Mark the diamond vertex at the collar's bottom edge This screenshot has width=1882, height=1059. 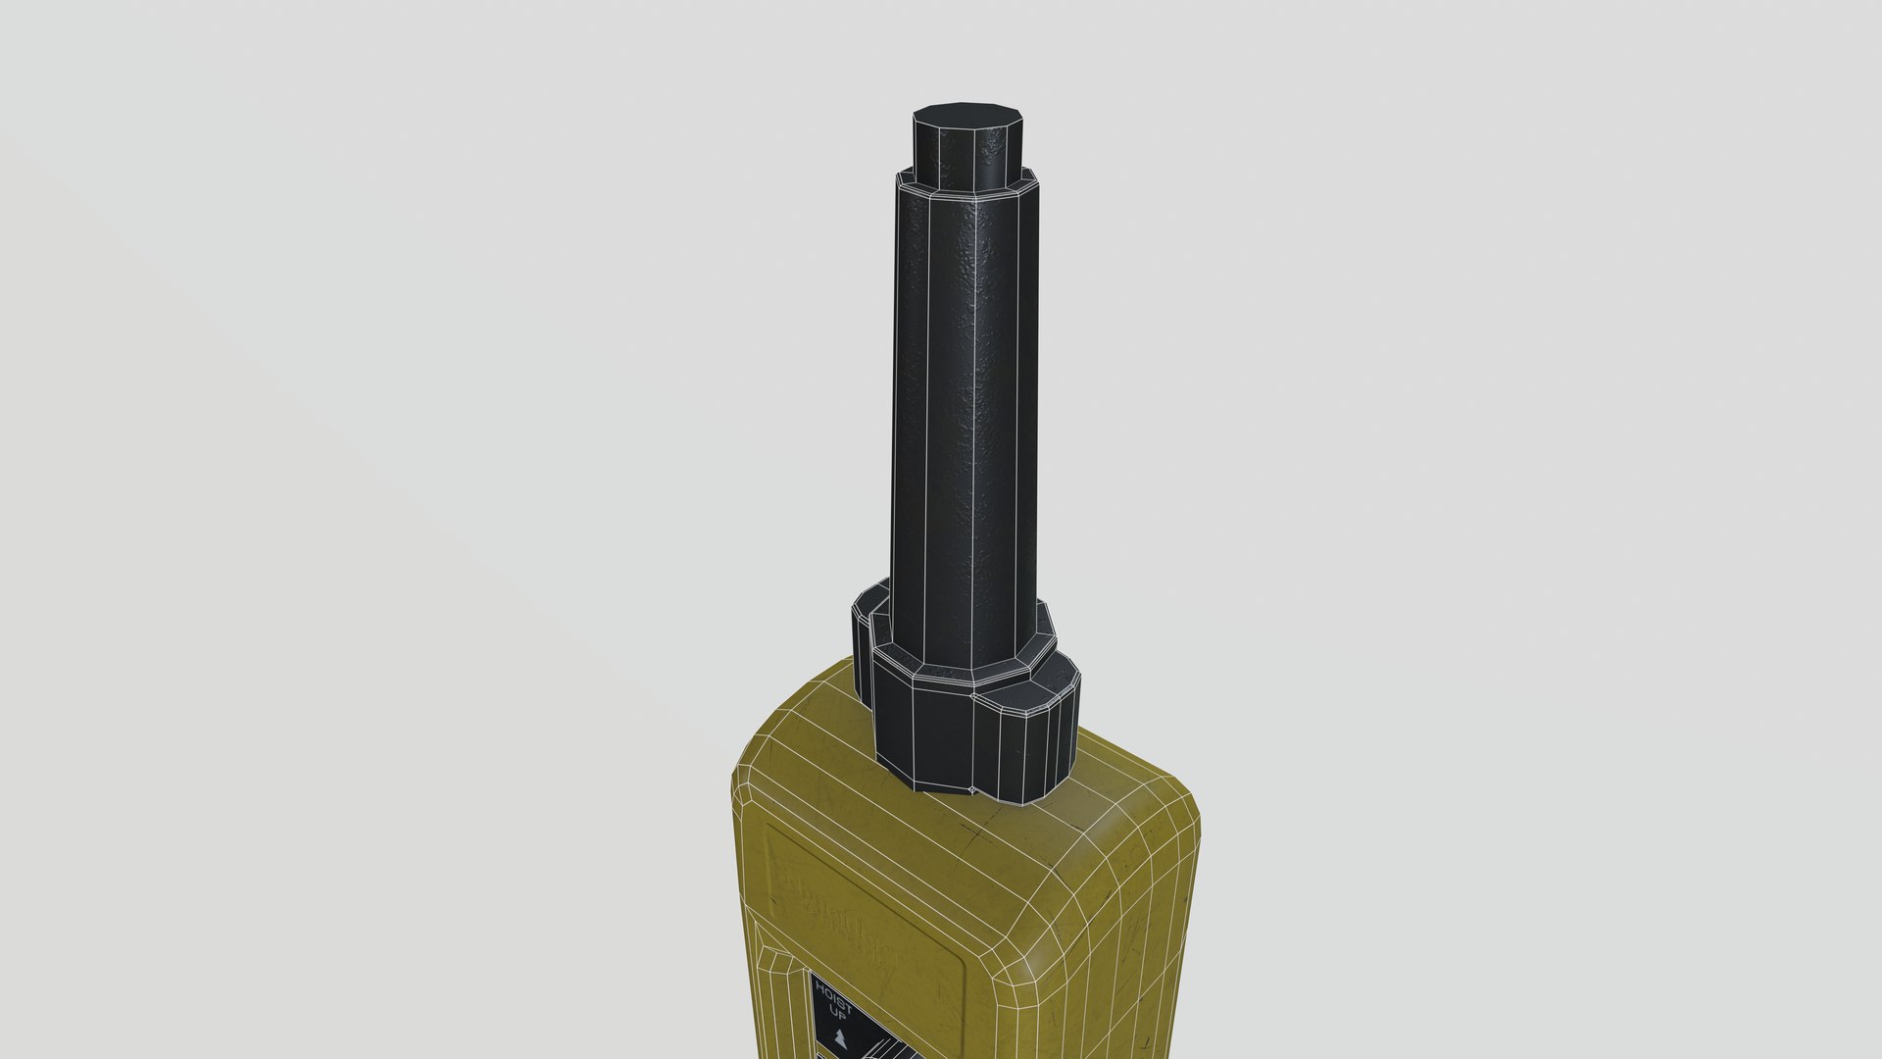(970, 788)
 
